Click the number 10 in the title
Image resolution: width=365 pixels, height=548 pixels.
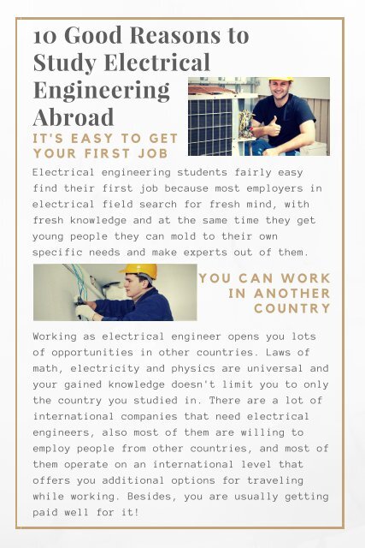point(44,36)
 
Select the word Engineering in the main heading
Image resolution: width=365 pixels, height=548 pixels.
point(101,90)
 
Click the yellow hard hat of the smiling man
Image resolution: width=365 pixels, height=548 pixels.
point(280,82)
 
